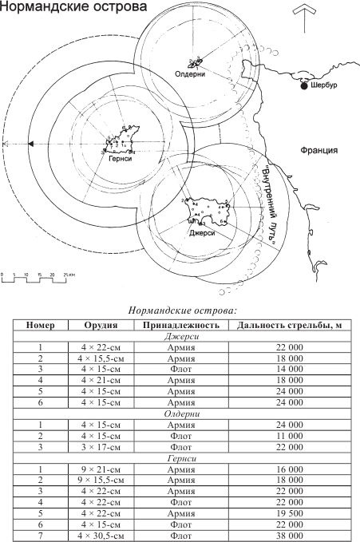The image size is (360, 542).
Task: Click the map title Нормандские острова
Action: click(74, 8)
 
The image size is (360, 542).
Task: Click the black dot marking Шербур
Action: click(304, 86)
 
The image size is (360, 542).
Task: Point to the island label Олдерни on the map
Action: click(191, 73)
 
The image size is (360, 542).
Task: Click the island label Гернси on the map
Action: click(121, 157)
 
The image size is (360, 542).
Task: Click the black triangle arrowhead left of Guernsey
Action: click(30, 143)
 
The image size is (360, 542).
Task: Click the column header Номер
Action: click(40, 326)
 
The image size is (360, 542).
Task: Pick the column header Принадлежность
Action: click(180, 326)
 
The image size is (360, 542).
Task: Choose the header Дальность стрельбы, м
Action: click(279, 326)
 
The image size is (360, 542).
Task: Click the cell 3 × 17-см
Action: click(102, 449)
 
